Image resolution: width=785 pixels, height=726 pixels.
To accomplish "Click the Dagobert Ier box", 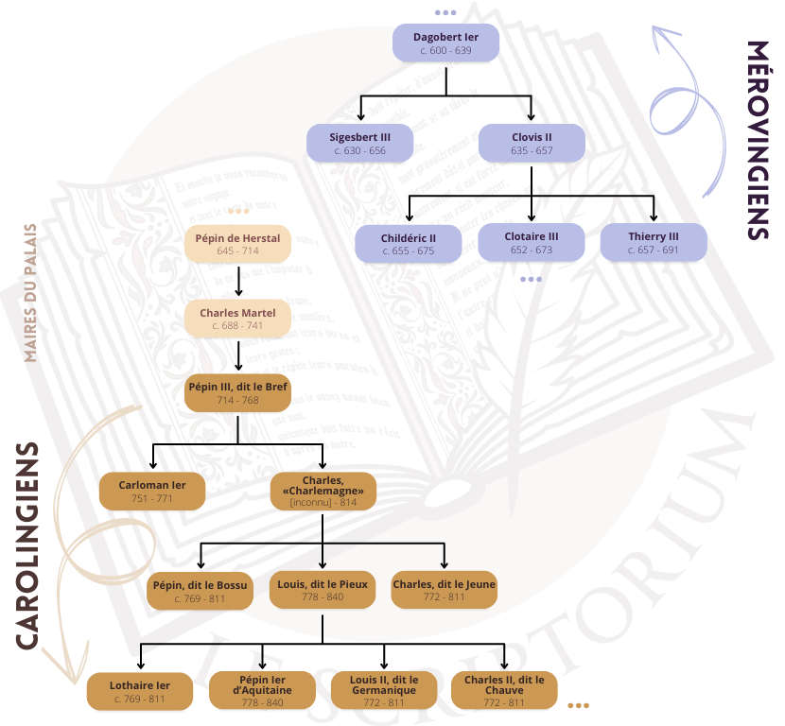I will click(x=446, y=43).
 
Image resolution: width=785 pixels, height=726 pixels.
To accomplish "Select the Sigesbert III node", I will click(x=359, y=143).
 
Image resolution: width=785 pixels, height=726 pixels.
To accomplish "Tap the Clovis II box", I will click(x=532, y=143).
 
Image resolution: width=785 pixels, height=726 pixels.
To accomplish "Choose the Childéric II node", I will click(x=408, y=243).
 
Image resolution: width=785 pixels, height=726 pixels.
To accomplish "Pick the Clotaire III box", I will click(x=532, y=242).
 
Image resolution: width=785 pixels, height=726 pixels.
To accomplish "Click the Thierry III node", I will click(x=654, y=242).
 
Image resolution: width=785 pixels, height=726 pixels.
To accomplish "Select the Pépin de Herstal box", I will click(x=237, y=244).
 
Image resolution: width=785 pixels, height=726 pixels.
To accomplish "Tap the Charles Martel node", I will click(x=237, y=319).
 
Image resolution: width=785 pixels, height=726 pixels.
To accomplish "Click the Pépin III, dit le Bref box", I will click(x=237, y=392).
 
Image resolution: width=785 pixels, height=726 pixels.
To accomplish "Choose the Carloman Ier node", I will click(x=152, y=491).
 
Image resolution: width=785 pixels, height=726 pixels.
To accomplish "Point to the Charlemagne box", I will click(x=323, y=491).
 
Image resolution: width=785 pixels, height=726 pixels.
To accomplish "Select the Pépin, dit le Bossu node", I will click(x=199, y=590).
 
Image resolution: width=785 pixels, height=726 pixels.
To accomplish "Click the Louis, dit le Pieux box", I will click(x=323, y=590).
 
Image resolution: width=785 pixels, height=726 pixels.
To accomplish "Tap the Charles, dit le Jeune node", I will click(x=444, y=590).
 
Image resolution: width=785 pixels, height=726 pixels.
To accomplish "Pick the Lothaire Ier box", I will click(x=140, y=690).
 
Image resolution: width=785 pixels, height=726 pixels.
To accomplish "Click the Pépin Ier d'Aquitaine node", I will click(x=262, y=690).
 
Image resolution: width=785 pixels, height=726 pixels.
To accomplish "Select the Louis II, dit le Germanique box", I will click(x=384, y=690).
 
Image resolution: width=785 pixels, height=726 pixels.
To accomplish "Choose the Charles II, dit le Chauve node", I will click(x=504, y=690).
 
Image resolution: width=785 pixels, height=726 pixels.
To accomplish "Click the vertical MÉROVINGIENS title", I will click(x=757, y=140).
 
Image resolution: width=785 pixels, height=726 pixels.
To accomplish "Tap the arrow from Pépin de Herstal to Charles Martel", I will click(x=238, y=281).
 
